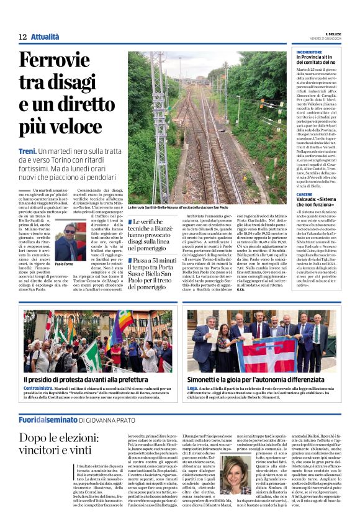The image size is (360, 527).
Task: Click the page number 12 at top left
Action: pos(22,37)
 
